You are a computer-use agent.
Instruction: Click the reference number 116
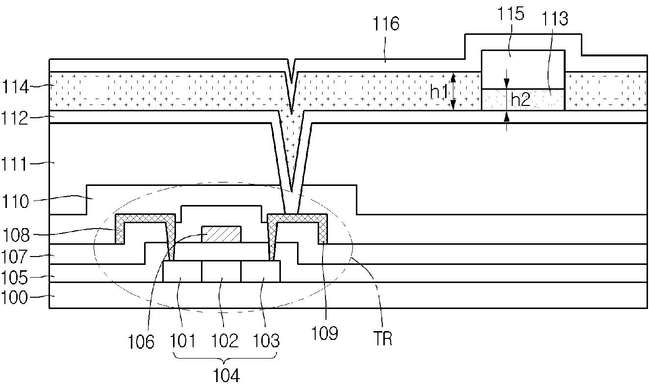(x=386, y=24)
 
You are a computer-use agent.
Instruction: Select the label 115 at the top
(x=511, y=14)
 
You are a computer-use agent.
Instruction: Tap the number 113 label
(x=555, y=19)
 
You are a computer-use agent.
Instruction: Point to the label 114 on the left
(x=15, y=87)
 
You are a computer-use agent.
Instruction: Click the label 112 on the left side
(x=15, y=118)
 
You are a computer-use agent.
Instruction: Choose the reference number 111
(x=15, y=165)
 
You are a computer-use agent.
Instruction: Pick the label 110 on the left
(x=15, y=201)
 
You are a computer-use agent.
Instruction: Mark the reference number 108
(x=16, y=235)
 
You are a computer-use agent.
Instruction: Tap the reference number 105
(x=15, y=278)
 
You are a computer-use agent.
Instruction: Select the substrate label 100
(x=15, y=297)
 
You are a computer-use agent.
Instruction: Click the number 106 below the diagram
(x=141, y=342)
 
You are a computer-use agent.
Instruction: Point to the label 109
(x=324, y=334)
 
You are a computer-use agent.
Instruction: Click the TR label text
(x=383, y=338)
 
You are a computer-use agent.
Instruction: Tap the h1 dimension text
(x=439, y=92)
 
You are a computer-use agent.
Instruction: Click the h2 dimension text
(x=521, y=100)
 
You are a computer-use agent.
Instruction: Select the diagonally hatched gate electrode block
(x=222, y=234)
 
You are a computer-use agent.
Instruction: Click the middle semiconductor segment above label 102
(x=222, y=271)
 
